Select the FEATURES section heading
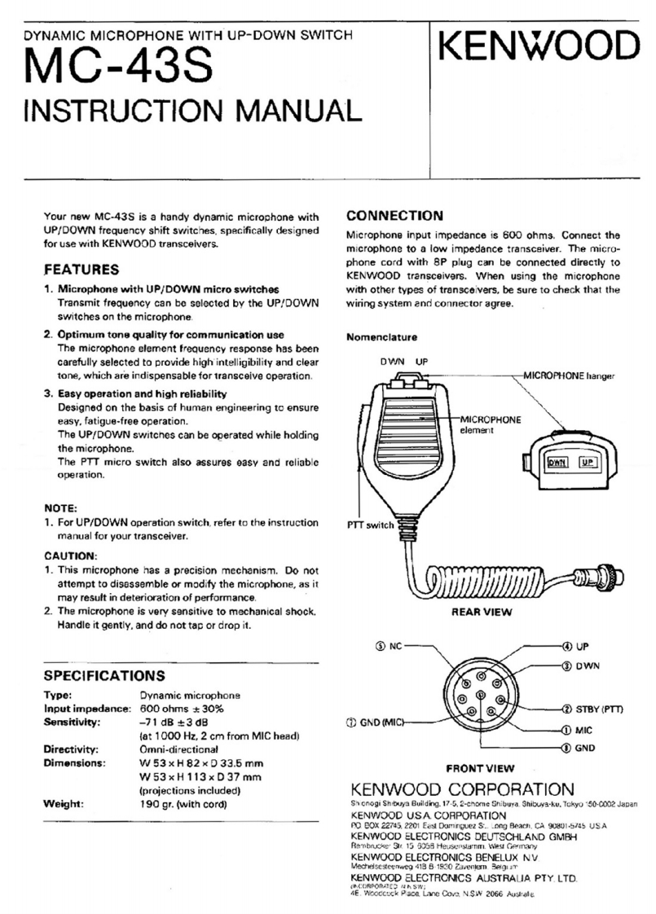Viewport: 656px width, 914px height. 81,270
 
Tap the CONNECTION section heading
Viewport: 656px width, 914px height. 394,217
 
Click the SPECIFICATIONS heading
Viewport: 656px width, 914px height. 104,676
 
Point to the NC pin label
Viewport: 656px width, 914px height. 390,646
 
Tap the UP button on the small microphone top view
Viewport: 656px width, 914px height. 587,463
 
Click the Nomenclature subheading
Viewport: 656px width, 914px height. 381,336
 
